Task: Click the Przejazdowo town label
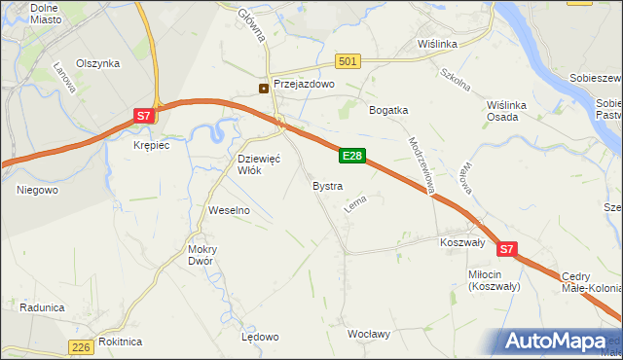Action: pyautogui.click(x=304, y=85)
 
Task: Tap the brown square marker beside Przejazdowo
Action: pyautogui.click(x=264, y=88)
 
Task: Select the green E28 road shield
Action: pyautogui.click(x=352, y=156)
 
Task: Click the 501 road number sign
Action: pyautogui.click(x=348, y=61)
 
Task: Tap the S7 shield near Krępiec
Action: pyautogui.click(x=143, y=116)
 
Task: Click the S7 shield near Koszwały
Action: pyautogui.click(x=506, y=250)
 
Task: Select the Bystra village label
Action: pyautogui.click(x=327, y=185)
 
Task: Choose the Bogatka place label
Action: pyautogui.click(x=387, y=110)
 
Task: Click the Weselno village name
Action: pyautogui.click(x=230, y=210)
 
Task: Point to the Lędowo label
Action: pyautogui.click(x=260, y=337)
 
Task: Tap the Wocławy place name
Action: pyautogui.click(x=369, y=334)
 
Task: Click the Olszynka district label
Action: pyautogui.click(x=97, y=63)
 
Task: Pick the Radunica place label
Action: pyautogui.click(x=41, y=307)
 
